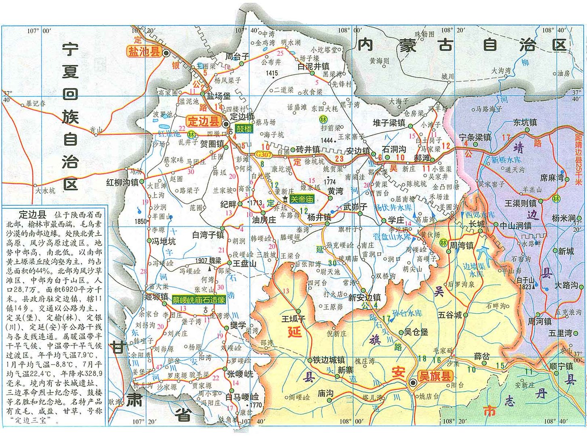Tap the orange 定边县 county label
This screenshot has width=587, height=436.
(204, 121)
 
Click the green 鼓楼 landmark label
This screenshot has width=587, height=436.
(244, 129)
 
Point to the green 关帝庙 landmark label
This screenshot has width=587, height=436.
(302, 199)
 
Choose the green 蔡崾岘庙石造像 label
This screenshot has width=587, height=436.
(198, 300)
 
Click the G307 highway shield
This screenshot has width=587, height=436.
(263, 154)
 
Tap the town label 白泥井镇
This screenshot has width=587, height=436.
(313, 66)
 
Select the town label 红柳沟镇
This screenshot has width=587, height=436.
(122, 182)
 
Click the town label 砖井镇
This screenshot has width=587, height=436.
(308, 150)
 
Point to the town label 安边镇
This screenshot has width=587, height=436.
(358, 151)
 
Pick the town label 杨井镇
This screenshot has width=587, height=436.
(319, 217)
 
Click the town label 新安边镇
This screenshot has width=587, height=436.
(364, 298)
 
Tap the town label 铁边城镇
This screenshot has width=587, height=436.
(329, 360)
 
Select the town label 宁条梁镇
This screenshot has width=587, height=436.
(475, 138)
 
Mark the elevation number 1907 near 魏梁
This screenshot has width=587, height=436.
(201, 261)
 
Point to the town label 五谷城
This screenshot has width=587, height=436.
(449, 314)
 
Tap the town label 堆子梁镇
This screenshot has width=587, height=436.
(389, 123)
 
